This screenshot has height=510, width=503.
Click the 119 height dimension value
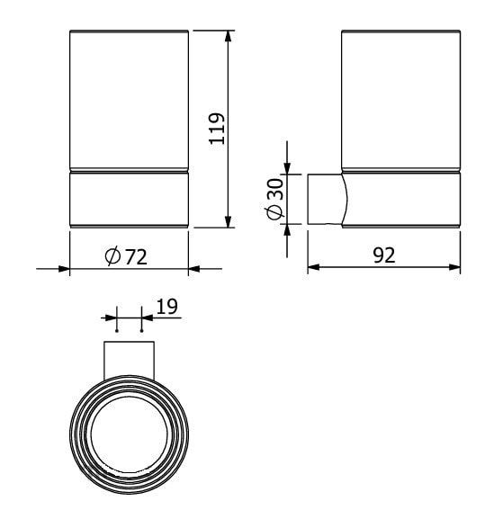click(216, 130)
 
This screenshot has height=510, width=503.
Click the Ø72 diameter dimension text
click(126, 256)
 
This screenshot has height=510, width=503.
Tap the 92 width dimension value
click(384, 255)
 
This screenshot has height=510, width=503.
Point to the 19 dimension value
click(166, 307)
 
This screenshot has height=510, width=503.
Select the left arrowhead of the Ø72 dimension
click(63, 268)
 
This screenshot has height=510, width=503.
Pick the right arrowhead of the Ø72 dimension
click(194, 268)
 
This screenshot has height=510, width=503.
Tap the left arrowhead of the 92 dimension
click(314, 267)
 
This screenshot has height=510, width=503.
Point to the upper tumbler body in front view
click(129, 99)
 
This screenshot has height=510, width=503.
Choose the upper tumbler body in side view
click(401, 99)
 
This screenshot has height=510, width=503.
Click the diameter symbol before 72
click(112, 256)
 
